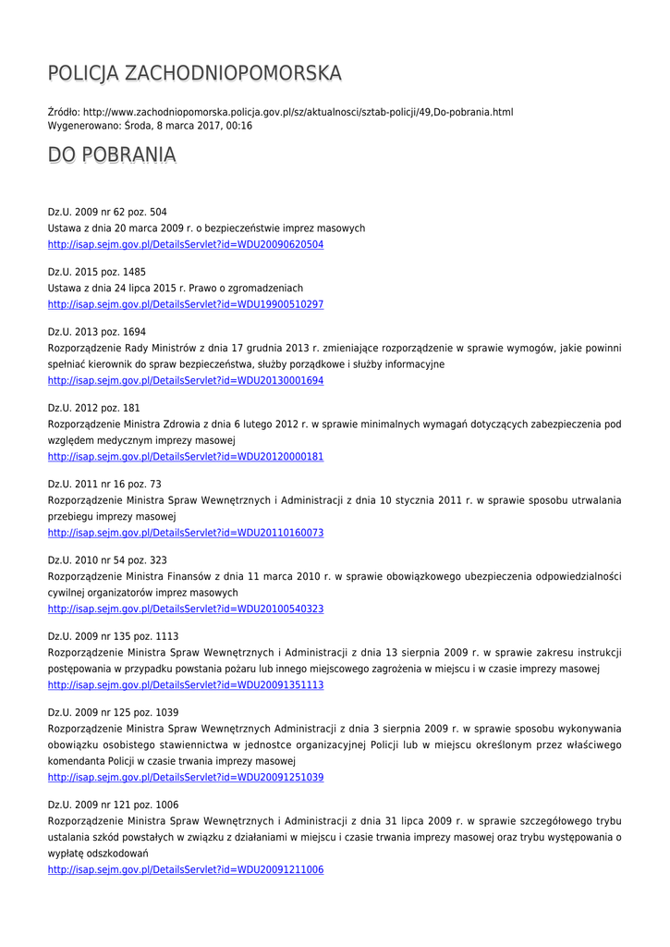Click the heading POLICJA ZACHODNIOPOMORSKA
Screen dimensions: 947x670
coord(194,73)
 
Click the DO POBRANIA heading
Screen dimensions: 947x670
coord(112,154)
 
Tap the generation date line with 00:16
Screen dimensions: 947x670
coord(150,125)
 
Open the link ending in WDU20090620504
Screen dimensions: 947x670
coord(185,244)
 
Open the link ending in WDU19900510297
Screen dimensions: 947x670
coord(185,304)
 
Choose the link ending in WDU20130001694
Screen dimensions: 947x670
coord(185,380)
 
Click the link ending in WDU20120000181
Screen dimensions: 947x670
coord(185,457)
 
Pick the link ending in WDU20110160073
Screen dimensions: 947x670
coord(185,533)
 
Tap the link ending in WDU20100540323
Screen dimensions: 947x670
coord(185,609)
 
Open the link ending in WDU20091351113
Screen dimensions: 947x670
coord(185,684)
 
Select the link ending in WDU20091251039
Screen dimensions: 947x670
coord(185,778)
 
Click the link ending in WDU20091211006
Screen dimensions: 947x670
coord(185,870)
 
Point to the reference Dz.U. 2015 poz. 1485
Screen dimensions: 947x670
coord(97,272)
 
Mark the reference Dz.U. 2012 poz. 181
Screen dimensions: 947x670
coord(94,408)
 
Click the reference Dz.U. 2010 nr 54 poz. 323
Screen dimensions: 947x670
coord(107,560)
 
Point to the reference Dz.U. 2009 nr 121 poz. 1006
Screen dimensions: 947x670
coord(113,805)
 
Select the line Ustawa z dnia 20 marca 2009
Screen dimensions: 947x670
coord(206,228)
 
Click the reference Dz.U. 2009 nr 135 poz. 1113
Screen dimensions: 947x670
coord(113,636)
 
